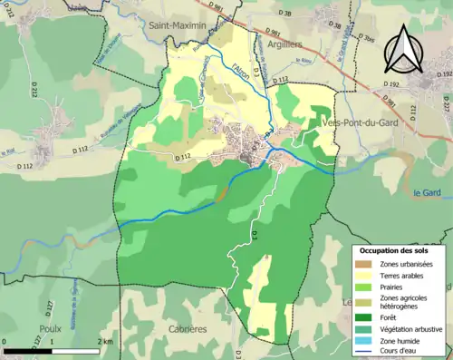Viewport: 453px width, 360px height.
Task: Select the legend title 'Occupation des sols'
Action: (396, 249)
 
